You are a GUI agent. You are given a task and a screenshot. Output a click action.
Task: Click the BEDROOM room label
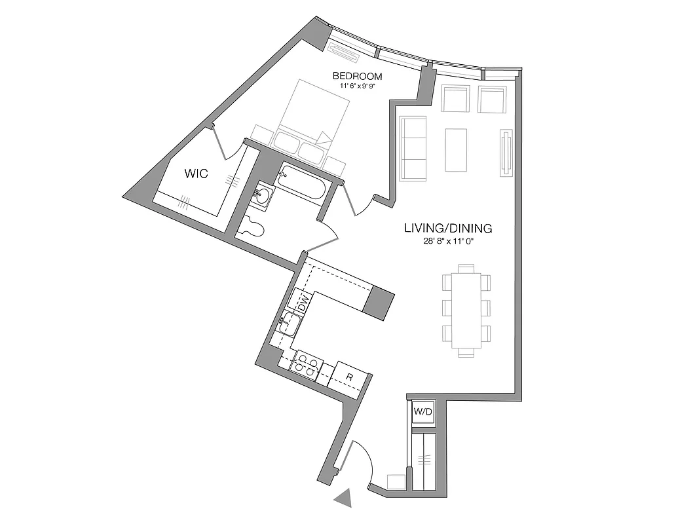357,76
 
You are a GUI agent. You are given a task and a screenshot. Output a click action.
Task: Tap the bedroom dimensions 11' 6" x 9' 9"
357,86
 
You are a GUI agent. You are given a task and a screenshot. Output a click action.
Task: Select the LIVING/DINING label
448,229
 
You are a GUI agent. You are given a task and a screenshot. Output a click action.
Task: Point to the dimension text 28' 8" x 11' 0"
448,241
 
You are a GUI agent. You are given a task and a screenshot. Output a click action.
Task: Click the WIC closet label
196,174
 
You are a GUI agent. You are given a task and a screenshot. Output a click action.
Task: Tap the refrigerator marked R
350,377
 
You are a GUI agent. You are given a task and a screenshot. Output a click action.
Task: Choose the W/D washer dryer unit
421,413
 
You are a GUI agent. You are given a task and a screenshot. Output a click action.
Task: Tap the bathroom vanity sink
263,195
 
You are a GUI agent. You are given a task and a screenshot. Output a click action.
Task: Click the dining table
466,310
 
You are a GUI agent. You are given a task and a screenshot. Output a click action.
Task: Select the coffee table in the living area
457,150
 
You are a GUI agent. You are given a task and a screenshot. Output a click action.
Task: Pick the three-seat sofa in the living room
413,149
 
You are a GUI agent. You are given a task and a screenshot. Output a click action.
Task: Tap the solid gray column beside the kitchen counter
379,303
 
